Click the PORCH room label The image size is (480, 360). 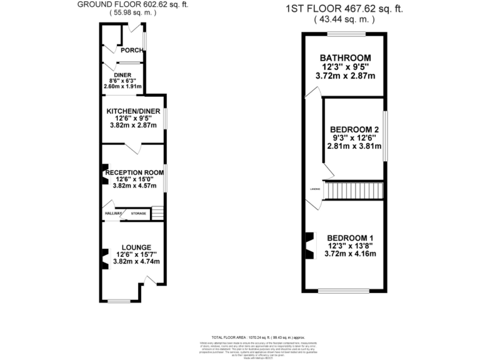(x=131, y=51)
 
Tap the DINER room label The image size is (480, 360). (x=122, y=75)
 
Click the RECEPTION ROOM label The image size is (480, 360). (x=134, y=172)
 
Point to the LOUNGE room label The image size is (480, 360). (x=136, y=247)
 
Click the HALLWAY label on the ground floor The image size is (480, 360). (x=113, y=214)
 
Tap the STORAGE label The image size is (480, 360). (x=138, y=214)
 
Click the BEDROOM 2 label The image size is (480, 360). (x=354, y=129)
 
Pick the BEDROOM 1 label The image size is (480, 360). (x=350, y=237)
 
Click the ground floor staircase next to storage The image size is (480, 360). (x=157, y=214)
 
